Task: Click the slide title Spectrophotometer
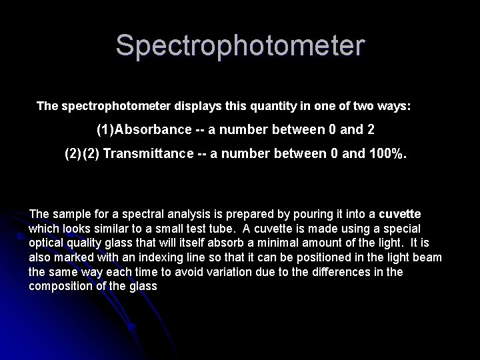point(240,46)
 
